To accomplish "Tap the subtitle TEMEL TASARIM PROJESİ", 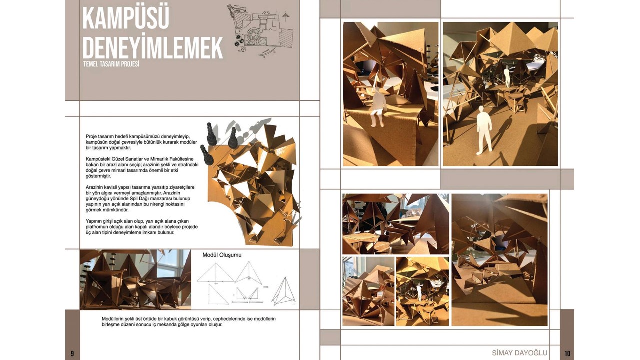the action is pos(111,64).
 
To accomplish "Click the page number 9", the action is pos(72,353).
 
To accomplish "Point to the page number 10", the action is pos(567,353).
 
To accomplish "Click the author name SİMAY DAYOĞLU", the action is pos(519,353).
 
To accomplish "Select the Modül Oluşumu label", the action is pos(222,255).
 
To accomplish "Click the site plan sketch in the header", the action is pos(260,31).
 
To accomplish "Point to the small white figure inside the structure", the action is pos(507,76).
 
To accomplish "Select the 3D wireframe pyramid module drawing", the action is pos(284,291).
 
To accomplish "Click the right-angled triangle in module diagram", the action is pos(217,295).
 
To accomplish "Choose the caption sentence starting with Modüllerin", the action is pos(189,322).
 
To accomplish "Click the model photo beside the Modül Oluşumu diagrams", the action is pos(135,279).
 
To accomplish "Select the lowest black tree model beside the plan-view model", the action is pos(207,155).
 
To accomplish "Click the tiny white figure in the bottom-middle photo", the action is pos(419,292).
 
